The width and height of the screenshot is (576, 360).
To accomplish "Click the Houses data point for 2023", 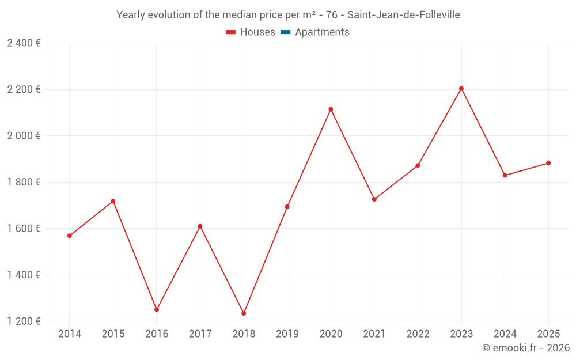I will (461, 89).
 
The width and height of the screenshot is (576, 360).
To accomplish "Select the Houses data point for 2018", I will (244, 313).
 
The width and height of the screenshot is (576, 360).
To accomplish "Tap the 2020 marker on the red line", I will (331, 109).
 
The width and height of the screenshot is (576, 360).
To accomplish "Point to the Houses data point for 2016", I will (157, 310).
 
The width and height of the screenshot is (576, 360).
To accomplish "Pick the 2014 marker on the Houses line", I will (70, 236).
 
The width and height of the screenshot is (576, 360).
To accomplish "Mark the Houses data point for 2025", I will (548, 163).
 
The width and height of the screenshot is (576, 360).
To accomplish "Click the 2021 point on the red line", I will (374, 199).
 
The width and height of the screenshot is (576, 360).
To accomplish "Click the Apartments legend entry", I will (322, 32).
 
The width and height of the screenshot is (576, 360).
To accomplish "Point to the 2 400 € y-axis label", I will (24, 43).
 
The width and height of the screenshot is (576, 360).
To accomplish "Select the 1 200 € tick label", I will (24, 321).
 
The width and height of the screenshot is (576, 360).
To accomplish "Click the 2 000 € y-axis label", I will (24, 136).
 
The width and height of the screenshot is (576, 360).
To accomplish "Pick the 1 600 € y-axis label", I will (24, 229).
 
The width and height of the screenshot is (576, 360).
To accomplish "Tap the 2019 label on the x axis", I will (287, 334).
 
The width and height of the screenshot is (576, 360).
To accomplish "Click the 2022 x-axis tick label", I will (418, 334).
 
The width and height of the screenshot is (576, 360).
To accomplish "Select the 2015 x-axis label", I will (113, 334).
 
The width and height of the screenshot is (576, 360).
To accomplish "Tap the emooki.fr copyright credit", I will (526, 348).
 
